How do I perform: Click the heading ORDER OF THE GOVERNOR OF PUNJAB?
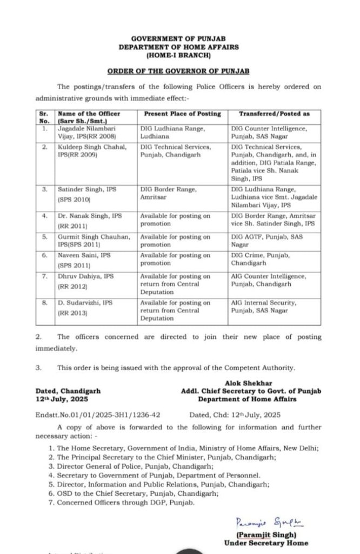(x=178, y=71)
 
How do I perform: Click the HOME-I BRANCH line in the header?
(x=178, y=55)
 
